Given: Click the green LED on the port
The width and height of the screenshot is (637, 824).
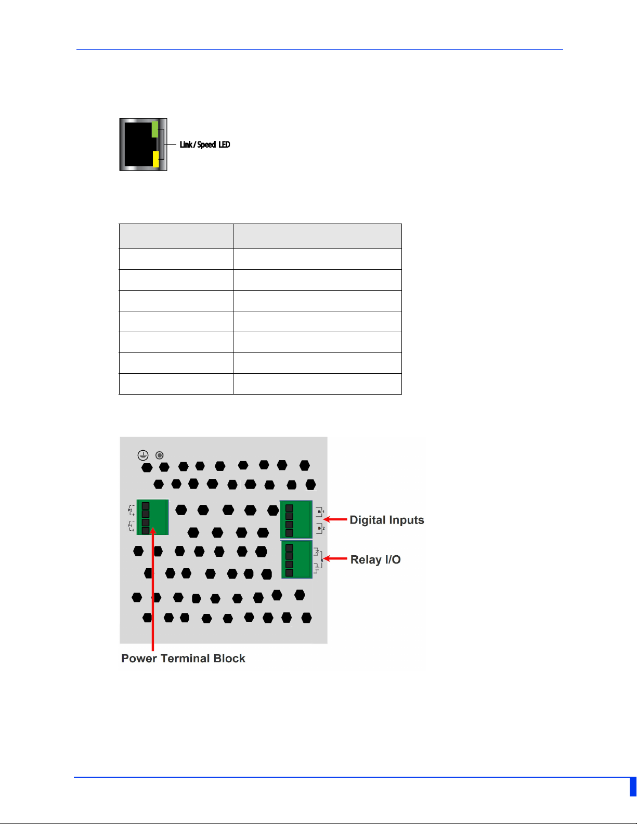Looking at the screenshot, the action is tap(154, 129).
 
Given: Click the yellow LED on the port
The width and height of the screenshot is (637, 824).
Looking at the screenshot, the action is tap(155, 159).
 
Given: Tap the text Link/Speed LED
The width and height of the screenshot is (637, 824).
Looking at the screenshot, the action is tap(205, 145).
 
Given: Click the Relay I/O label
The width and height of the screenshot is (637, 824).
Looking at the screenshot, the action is tap(375, 559).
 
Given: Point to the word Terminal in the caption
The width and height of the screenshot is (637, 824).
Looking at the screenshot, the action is tap(186, 658).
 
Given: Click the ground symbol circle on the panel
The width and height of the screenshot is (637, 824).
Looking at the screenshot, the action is tap(143, 455).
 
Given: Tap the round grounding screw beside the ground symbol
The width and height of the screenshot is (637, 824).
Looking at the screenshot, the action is tap(160, 455).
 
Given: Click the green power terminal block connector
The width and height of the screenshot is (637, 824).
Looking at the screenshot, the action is tap(153, 517).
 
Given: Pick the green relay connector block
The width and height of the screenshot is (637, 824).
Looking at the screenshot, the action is tap(297, 559).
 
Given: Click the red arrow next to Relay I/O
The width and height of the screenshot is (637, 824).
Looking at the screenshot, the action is tap(336, 559).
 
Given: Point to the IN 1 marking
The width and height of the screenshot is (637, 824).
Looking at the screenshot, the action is tap(321, 512).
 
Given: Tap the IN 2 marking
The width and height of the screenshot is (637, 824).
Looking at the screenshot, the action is tap(321, 528).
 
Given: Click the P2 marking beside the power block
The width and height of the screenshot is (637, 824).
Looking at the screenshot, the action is tap(130, 510).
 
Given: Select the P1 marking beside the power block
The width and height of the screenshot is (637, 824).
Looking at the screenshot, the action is tap(130, 526).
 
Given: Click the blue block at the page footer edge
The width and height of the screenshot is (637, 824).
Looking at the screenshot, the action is tap(633, 787).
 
